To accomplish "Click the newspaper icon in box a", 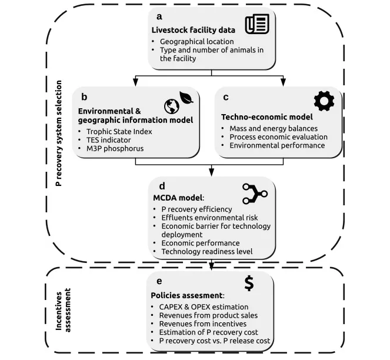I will pyautogui.click(x=257, y=24).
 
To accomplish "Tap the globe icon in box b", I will pyautogui.click(x=172, y=106).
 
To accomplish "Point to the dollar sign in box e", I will pyautogui.click(x=249, y=283).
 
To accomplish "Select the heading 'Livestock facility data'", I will pyautogui.click(x=191, y=30).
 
